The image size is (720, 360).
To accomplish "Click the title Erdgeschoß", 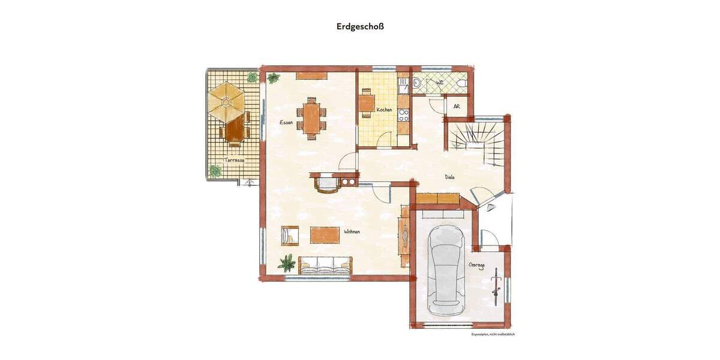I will [x=360, y=26].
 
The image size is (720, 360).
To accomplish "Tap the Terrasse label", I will [x=235, y=160].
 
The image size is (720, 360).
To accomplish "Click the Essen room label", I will [x=286, y=122].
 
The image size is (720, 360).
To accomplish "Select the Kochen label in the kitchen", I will [x=385, y=110].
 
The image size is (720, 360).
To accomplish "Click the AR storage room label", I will [x=457, y=106].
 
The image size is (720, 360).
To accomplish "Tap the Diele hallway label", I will [x=450, y=177].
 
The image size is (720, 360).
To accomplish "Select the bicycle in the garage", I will [x=497, y=283].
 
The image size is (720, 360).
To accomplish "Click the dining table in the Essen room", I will [x=311, y=118].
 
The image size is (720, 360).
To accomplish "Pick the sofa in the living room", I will [x=325, y=265].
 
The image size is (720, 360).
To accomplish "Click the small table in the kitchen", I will [x=367, y=103].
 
